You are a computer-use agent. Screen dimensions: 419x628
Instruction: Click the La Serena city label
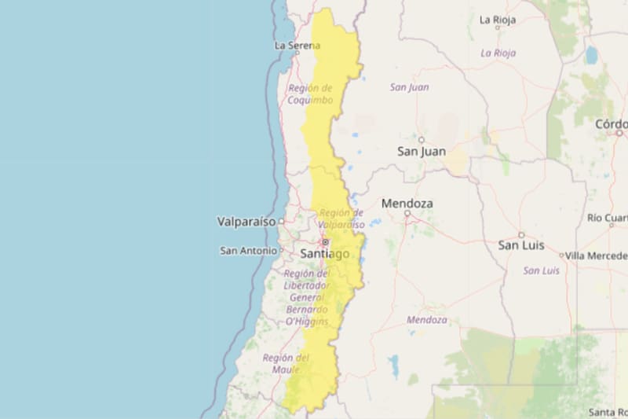298,46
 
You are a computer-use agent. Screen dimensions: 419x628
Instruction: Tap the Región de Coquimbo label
310,94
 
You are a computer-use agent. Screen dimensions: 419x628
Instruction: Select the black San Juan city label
422,151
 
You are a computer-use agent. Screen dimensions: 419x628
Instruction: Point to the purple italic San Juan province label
410,87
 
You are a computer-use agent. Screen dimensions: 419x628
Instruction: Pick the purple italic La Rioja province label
498,53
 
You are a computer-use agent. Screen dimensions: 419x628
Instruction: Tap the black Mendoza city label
407,204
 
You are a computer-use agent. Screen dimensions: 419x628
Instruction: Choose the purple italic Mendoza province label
427,320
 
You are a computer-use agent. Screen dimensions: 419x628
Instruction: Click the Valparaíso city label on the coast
246,222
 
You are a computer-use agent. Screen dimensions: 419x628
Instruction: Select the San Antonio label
249,251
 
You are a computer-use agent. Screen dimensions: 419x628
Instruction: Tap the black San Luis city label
521,245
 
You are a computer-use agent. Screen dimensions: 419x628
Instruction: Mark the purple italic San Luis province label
541,270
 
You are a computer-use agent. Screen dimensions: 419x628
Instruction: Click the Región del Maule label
286,363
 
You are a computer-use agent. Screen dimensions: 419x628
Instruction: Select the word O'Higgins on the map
307,321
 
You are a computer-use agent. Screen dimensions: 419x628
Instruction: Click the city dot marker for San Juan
422,139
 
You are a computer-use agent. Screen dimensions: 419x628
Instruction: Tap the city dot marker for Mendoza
407,214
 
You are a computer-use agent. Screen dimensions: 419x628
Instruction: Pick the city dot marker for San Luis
521,234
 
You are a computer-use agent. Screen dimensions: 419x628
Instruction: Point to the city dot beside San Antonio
281,251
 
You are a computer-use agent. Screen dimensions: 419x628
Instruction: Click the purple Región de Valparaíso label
341,218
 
